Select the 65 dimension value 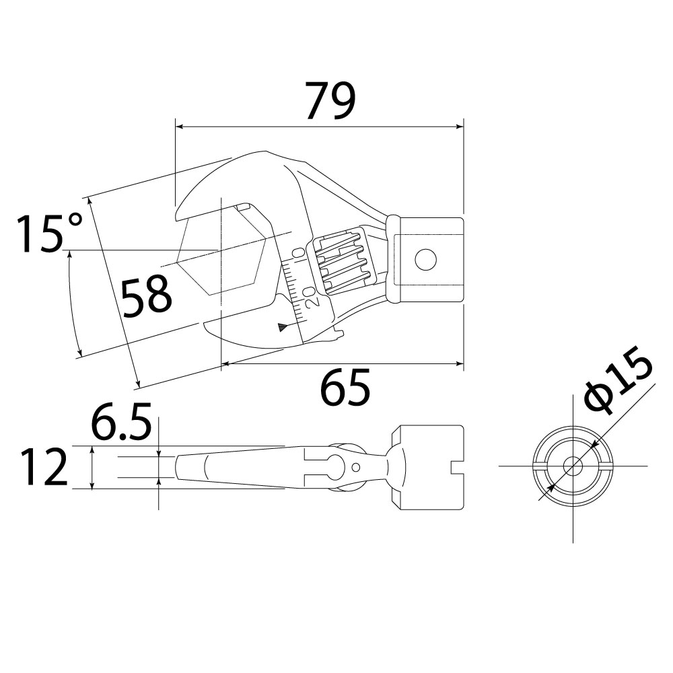point(345,387)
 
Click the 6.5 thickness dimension point(121,421)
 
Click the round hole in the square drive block point(425,260)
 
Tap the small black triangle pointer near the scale point(283,327)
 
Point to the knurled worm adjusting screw point(342,262)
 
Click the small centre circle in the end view point(573,466)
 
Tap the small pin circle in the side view point(355,466)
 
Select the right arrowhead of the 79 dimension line point(459,127)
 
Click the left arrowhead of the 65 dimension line point(225,364)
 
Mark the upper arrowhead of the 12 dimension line point(92,450)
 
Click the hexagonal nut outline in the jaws point(222,250)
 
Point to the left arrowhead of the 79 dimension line point(180,127)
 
